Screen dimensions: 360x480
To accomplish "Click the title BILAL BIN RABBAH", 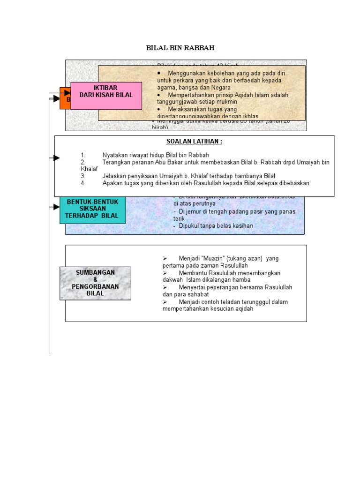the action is coord(180,48).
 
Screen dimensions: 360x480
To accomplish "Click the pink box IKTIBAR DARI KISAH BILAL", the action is coord(106,91).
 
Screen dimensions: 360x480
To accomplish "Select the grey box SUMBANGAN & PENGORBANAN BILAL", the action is coord(95,283).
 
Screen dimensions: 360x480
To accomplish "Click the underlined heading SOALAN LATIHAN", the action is coord(194,142).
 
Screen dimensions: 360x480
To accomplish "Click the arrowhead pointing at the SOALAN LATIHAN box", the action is coord(57,158).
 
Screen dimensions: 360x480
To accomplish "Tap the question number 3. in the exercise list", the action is coord(83,176).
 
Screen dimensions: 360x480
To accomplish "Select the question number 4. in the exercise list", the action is coord(83,183).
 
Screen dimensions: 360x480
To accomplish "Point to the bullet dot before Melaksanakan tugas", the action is coord(159,109).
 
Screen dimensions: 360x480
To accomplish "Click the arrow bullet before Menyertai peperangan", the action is coord(165,287).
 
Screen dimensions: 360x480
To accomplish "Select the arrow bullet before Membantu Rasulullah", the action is coord(165,273).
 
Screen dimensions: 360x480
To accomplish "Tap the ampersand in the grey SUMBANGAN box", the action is coord(95,280).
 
